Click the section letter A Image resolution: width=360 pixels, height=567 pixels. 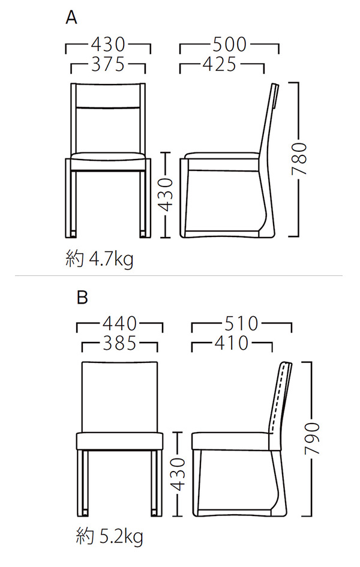tap(71, 17)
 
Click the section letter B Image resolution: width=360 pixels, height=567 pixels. tap(82, 297)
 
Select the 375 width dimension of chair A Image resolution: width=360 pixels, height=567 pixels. tap(108, 65)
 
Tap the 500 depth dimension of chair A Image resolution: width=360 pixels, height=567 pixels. tap(229, 44)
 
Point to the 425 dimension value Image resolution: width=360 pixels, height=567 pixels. tap(220, 64)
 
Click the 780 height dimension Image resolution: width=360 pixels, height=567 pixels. tap(299, 159)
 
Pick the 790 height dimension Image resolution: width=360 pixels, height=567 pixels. tap(312, 439)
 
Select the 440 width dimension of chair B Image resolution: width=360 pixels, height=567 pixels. tap(119, 323)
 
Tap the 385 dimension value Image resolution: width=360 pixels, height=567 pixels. tap(119, 343)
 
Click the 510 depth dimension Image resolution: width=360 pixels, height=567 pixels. tap(241, 323)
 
